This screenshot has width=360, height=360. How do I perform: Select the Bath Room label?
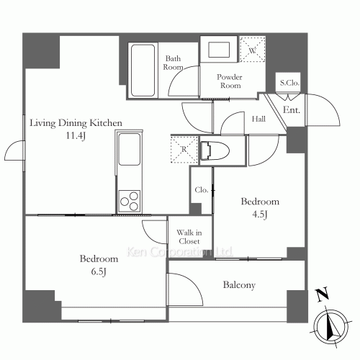(174, 63)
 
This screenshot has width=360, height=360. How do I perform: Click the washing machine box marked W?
(253, 51)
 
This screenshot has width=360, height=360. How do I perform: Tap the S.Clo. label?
(289, 84)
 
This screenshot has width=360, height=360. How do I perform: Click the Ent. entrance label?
(292, 110)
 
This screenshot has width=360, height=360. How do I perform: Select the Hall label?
(259, 120)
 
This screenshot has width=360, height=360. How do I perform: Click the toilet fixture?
(213, 152)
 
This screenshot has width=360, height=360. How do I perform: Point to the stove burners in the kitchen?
(130, 198)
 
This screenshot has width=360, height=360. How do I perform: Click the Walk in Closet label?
(190, 237)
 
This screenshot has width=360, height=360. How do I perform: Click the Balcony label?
(239, 285)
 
